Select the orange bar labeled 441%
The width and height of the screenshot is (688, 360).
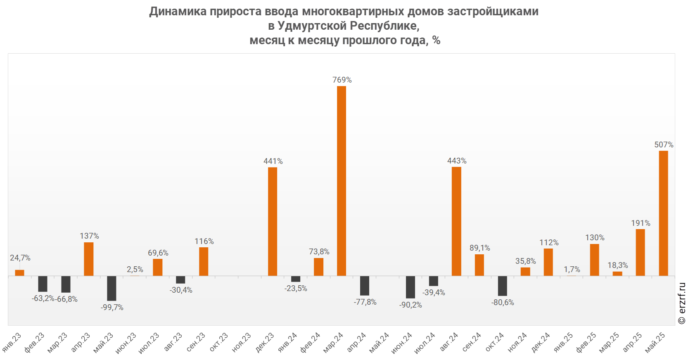[x=273, y=221]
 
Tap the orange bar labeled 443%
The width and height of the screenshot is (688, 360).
[x=456, y=221]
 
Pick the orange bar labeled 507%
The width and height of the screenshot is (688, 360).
[x=663, y=213]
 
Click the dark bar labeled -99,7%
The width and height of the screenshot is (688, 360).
[x=112, y=288]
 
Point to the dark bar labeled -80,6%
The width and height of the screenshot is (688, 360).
[x=502, y=286]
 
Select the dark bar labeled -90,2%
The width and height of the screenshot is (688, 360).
[x=410, y=287]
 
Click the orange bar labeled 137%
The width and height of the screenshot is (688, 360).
[x=89, y=259]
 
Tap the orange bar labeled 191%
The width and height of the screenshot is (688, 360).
[x=640, y=252]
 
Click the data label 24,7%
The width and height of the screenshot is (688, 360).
[x=20, y=258]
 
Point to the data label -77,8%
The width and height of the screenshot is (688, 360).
[x=365, y=302]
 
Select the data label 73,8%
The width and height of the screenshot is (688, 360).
[x=319, y=252]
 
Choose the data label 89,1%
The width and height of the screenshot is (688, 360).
[x=479, y=248]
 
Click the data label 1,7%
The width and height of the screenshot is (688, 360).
[x=572, y=270]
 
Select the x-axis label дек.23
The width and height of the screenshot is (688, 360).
[x=265, y=343]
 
